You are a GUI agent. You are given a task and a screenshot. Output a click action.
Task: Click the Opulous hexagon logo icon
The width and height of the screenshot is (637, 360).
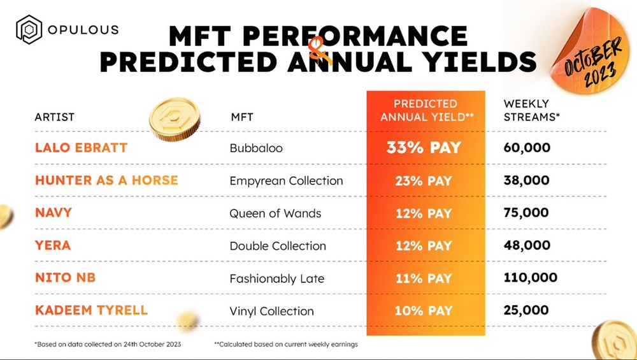coord(29,30)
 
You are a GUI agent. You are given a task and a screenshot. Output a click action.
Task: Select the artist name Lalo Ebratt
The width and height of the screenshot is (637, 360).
coord(81,148)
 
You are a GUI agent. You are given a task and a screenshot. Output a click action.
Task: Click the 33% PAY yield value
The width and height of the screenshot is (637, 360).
coord(424,148)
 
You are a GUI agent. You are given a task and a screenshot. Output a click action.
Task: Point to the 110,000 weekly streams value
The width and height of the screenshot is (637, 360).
coord(530,278)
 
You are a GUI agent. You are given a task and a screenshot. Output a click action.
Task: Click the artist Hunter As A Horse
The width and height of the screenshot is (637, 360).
coord(106,180)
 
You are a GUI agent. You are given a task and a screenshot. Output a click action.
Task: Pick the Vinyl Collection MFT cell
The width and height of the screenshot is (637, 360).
coord(272,311)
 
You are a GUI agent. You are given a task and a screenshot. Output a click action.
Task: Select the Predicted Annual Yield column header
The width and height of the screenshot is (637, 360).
coord(425,110)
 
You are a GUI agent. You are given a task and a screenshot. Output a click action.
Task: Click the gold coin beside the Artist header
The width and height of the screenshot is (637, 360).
coord(174,119)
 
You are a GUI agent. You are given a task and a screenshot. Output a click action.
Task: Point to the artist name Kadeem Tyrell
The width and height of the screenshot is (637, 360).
coord(91,310)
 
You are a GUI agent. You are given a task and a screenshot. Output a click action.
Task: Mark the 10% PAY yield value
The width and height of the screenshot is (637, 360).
coord(424,311)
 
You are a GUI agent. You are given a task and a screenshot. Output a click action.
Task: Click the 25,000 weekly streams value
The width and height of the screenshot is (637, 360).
coord(526,310)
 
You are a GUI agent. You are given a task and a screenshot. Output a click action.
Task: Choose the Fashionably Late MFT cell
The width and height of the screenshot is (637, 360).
coord(277,278)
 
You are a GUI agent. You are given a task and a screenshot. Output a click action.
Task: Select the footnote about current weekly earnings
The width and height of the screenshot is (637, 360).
coord(286,344)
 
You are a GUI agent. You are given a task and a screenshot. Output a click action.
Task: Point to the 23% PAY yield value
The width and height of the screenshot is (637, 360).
coord(424,180)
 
